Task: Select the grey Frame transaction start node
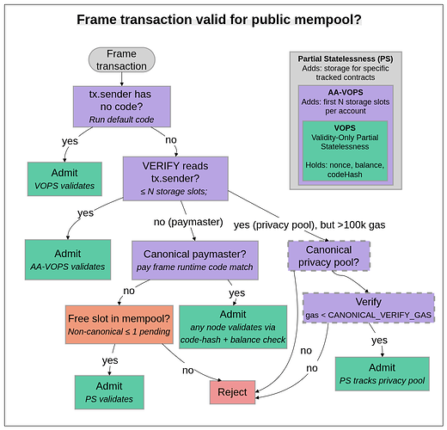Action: tap(121, 60)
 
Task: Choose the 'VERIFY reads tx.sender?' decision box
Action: tap(175, 176)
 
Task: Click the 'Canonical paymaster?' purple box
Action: tap(197, 261)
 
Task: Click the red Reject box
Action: tap(232, 391)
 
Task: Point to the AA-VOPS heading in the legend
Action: tap(345, 90)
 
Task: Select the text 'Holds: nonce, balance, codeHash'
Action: tap(345, 168)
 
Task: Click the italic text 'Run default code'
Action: tap(121, 120)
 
